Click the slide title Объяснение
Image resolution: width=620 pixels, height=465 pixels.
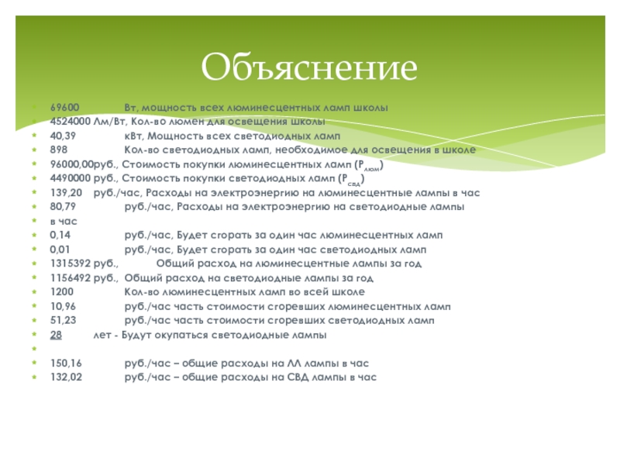[x=309, y=67]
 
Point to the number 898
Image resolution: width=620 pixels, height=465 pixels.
[x=58, y=150]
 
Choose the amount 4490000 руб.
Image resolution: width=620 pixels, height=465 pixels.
[x=80, y=178]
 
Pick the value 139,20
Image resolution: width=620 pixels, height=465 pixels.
[x=64, y=192]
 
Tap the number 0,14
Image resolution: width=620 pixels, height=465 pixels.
[x=60, y=235]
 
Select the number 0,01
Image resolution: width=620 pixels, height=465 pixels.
[x=60, y=250]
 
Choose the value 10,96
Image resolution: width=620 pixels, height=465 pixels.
[x=62, y=306]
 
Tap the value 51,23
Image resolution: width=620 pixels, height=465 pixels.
[x=62, y=320]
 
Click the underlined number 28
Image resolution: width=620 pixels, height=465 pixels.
[x=56, y=335]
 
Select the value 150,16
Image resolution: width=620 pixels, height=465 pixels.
[x=64, y=363]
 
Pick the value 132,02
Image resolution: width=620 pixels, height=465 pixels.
[x=64, y=377]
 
